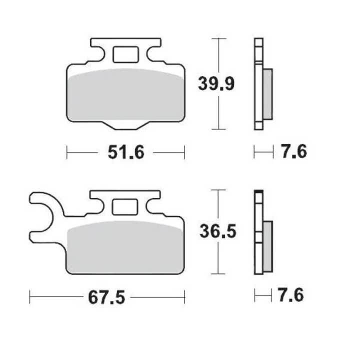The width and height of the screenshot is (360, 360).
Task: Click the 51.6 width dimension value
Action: (126, 152)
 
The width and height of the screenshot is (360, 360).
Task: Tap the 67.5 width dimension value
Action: (106, 298)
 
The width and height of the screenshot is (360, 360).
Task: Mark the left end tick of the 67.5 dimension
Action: (30, 298)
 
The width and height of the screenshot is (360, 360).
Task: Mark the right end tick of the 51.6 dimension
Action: (184, 152)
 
